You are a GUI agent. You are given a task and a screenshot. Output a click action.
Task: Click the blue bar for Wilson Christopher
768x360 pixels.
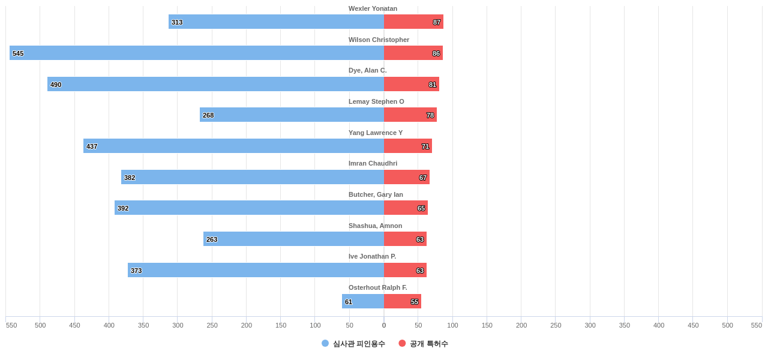pyautogui.click(x=197, y=53)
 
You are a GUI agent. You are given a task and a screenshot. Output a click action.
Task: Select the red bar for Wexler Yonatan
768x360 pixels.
pyautogui.click(x=413, y=22)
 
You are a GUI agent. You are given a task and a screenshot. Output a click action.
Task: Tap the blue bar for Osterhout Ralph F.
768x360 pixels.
pyautogui.click(x=363, y=301)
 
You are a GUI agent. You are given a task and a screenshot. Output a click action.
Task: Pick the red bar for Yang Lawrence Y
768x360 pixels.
pyautogui.click(x=408, y=146)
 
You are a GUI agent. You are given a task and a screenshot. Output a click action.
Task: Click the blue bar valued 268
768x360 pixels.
pyautogui.click(x=292, y=115)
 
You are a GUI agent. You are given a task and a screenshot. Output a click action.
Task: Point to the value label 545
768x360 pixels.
pyautogui.click(x=18, y=53)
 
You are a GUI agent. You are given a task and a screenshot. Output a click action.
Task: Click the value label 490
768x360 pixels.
pyautogui.click(x=56, y=85)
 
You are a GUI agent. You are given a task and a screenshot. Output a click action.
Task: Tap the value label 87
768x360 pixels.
pyautogui.click(x=437, y=22)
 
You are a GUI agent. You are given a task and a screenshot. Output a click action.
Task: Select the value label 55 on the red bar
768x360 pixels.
pyautogui.click(x=415, y=302)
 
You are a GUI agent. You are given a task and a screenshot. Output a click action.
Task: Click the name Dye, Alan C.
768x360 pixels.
pyautogui.click(x=368, y=70)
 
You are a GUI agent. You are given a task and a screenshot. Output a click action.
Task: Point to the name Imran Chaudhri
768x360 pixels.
pyautogui.click(x=373, y=163)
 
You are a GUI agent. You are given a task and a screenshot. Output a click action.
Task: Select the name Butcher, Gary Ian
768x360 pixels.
pyautogui.click(x=376, y=194)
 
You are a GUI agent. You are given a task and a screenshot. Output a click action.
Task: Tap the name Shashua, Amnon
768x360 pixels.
pyautogui.click(x=375, y=226)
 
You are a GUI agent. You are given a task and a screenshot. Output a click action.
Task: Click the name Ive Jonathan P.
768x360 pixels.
pyautogui.click(x=372, y=256)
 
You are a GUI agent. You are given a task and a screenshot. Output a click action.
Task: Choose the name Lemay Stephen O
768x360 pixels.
pyautogui.click(x=376, y=101)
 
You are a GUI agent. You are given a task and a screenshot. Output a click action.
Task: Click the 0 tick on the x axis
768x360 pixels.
pyautogui.click(x=384, y=325)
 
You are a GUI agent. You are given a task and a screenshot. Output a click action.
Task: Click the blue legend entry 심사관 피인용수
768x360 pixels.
pyautogui.click(x=353, y=344)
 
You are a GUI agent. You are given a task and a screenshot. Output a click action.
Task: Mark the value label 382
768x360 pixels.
pyautogui.click(x=130, y=178)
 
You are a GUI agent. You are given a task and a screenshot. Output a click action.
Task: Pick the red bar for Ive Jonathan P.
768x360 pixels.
pyautogui.click(x=405, y=270)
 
